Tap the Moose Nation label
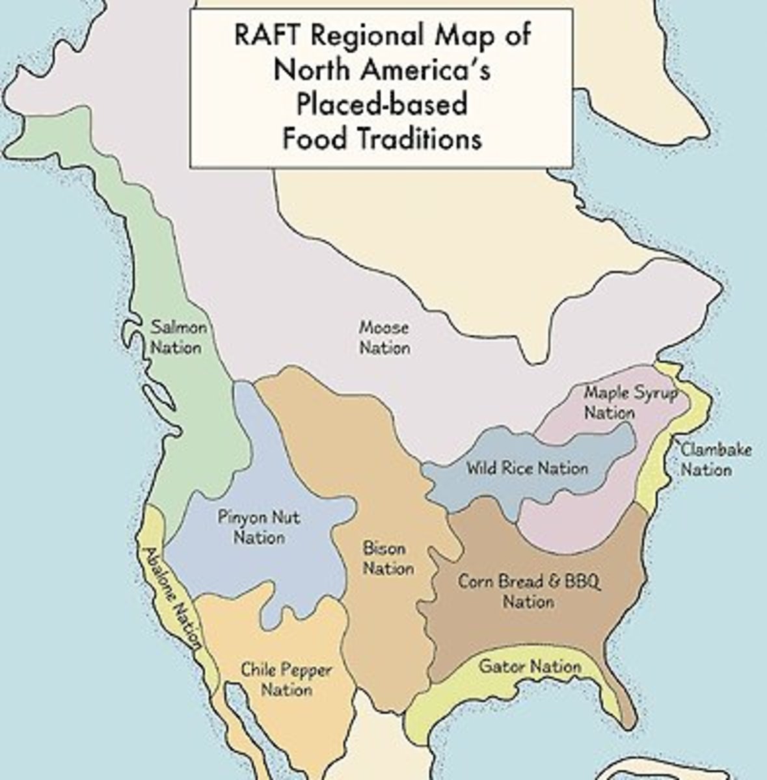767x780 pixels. [x=384, y=337]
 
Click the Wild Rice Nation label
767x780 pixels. [x=526, y=468]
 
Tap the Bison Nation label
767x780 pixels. [x=388, y=558]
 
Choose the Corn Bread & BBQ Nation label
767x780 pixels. [x=529, y=590]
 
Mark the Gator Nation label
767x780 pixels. [x=530, y=667]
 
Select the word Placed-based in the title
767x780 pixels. [x=381, y=104]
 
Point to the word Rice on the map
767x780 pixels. [x=522, y=468]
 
